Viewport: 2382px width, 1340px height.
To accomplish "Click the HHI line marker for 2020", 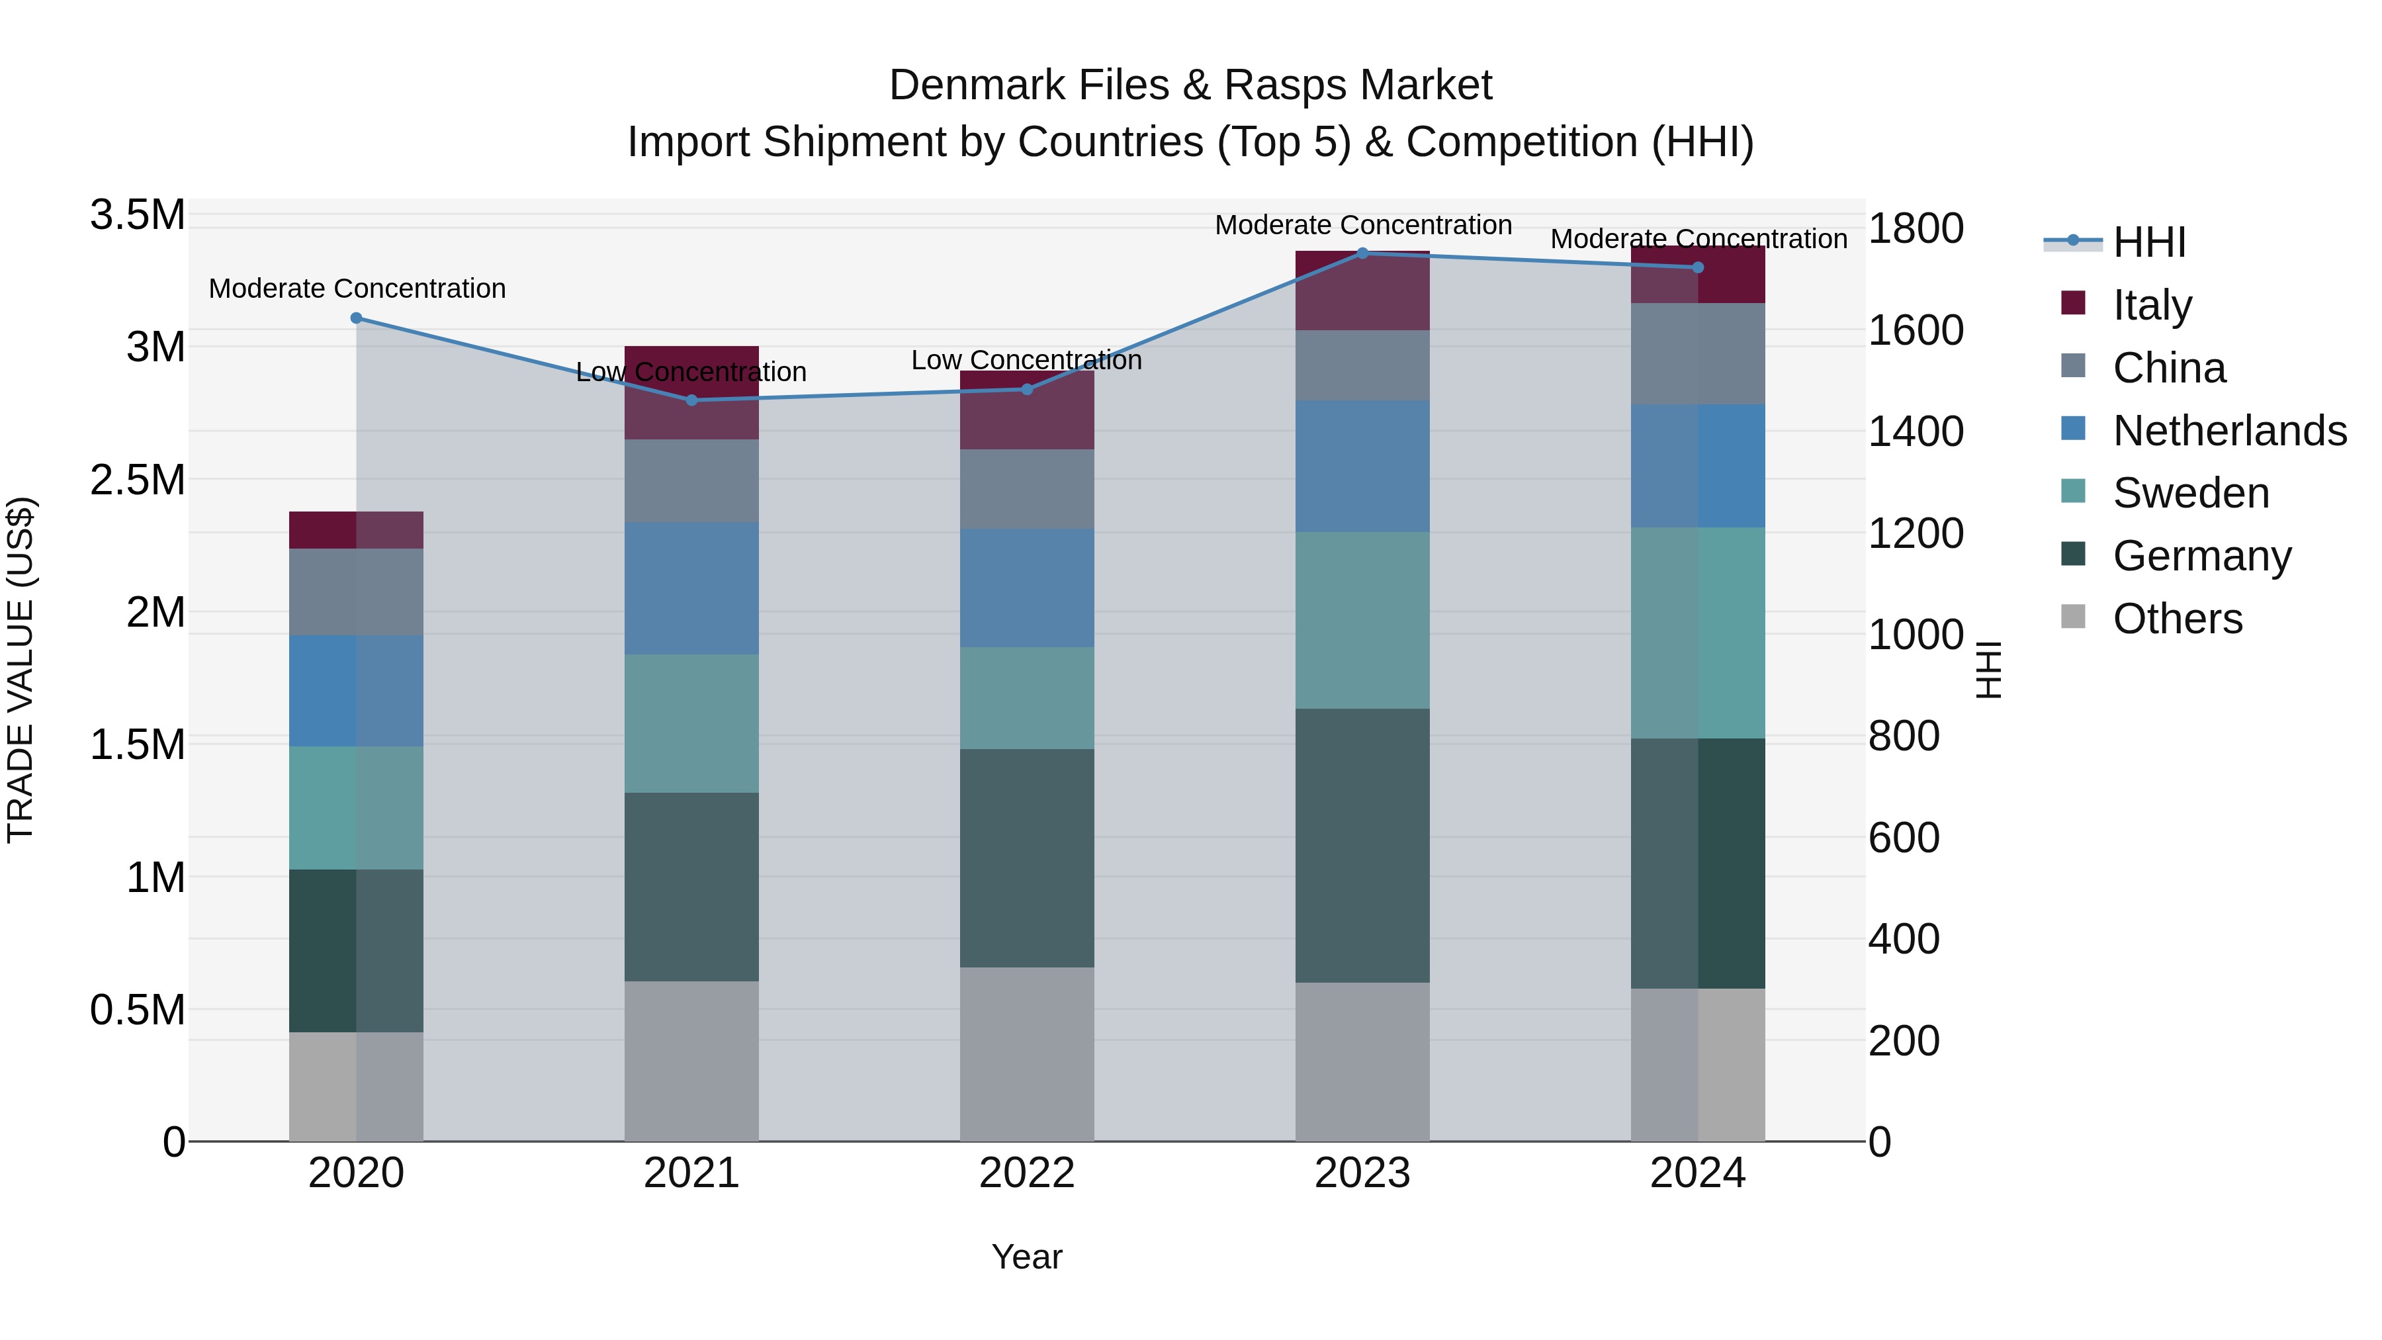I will (x=356, y=318).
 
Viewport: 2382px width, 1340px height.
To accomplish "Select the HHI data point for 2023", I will (x=1362, y=253).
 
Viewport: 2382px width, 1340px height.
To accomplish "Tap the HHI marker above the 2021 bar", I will (x=691, y=400).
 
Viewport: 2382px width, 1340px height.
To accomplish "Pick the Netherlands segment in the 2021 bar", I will (x=691, y=588).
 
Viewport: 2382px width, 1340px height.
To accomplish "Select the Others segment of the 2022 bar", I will (x=1026, y=1054).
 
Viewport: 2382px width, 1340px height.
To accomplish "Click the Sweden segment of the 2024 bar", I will (x=1698, y=633).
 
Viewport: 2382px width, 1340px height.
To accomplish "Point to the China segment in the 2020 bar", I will (x=356, y=592).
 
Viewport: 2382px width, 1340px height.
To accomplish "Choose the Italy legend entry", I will (x=2151, y=304).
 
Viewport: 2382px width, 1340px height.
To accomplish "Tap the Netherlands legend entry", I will (x=2228, y=430).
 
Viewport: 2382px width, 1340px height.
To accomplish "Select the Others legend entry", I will (x=2177, y=618).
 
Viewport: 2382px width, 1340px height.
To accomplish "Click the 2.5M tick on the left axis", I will (x=137, y=480).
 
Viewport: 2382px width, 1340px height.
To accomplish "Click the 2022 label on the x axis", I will (x=1026, y=1173).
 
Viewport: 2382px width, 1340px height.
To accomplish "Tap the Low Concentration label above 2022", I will (x=1026, y=360).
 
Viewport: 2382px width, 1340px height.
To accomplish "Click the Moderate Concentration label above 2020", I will (x=357, y=289).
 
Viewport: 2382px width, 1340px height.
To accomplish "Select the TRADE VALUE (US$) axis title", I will (x=21, y=670).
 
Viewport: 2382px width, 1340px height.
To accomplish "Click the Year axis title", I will (x=1026, y=1257).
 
